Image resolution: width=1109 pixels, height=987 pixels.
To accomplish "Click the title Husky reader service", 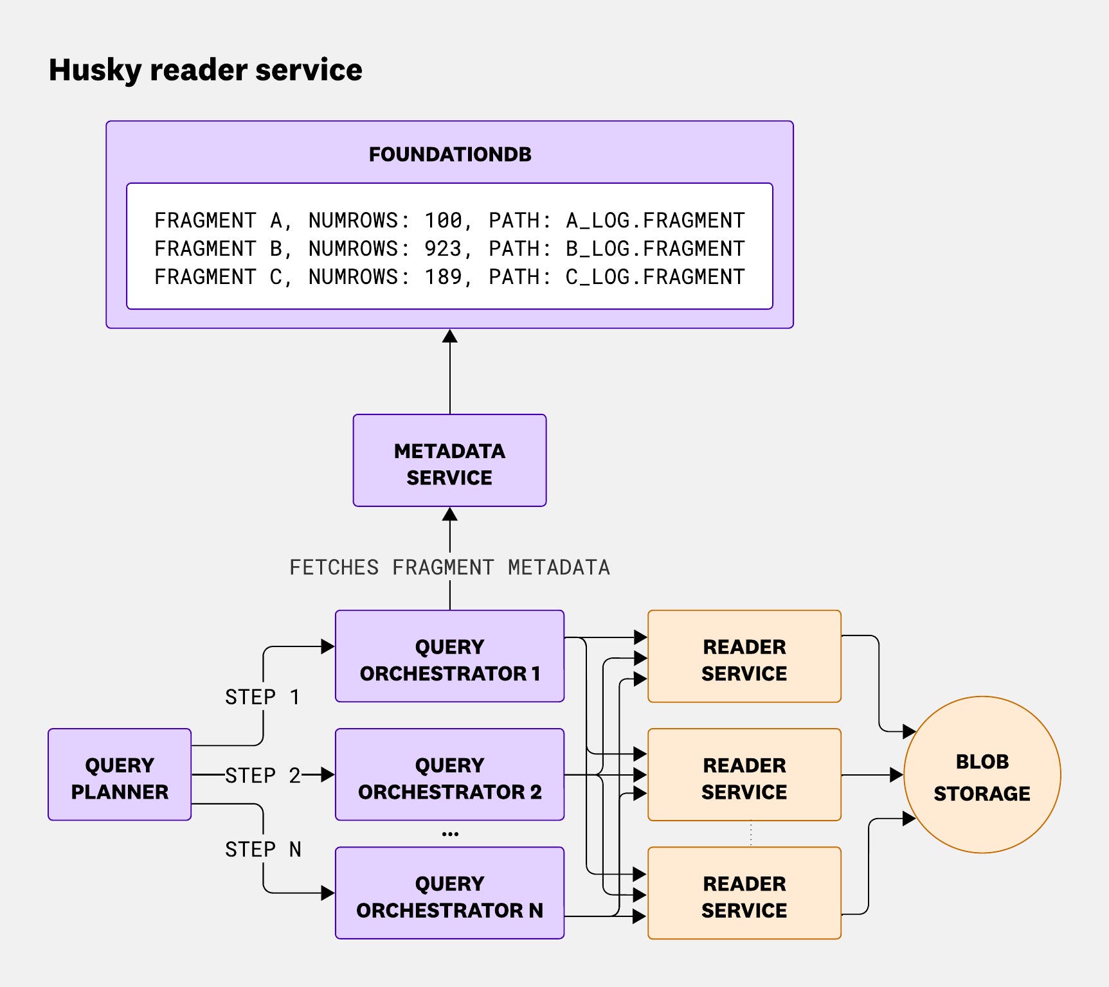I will pyautogui.click(x=205, y=69).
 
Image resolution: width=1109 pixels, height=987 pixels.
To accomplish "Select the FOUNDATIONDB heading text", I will pyautogui.click(x=450, y=154).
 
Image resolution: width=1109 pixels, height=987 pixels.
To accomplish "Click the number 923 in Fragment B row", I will pyautogui.click(x=443, y=249).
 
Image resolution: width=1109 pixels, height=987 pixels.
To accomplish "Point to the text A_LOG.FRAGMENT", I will pyautogui.click(x=654, y=220).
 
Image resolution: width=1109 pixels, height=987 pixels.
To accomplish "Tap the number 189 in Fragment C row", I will pyautogui.click(x=443, y=277).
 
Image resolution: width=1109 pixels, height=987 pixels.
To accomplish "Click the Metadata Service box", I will pyautogui.click(x=449, y=461).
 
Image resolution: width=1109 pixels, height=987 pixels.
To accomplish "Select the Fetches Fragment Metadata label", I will pyautogui.click(x=449, y=567).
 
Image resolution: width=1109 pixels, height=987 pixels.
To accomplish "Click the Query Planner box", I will pyautogui.click(x=120, y=774).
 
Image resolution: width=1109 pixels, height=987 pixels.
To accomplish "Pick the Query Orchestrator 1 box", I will pyautogui.click(x=449, y=656).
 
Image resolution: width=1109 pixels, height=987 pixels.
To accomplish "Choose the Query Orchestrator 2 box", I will pyautogui.click(x=449, y=774).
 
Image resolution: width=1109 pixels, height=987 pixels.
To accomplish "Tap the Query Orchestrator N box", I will pyautogui.click(x=449, y=893).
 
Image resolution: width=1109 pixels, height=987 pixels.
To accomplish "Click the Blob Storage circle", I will pyautogui.click(x=982, y=775).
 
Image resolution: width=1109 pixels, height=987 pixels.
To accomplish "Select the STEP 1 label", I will pyautogui.click(x=262, y=697).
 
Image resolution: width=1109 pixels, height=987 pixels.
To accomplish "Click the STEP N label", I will pyautogui.click(x=262, y=849).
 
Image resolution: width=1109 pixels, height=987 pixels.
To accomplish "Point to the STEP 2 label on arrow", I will pyautogui.click(x=262, y=776).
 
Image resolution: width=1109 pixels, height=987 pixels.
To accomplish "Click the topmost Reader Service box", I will pyautogui.click(x=744, y=656).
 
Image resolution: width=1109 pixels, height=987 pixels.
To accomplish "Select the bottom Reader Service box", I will pyautogui.click(x=744, y=893).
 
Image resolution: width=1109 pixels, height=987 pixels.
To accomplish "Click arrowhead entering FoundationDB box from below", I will pyautogui.click(x=450, y=336).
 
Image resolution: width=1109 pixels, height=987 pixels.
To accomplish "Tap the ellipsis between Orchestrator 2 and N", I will pyautogui.click(x=450, y=834).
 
